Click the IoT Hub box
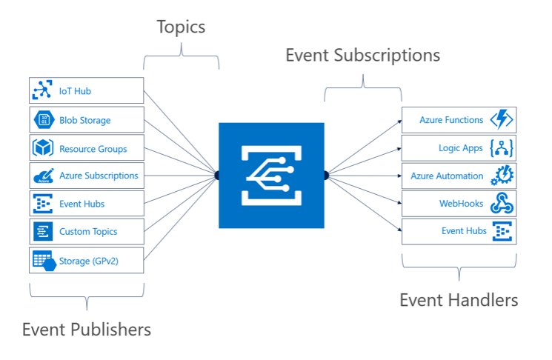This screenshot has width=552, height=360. pos(86,92)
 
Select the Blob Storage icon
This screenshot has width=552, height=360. pos(42,120)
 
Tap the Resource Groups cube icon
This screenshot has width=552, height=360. pos(42,148)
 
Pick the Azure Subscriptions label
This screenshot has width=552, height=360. pos(99,176)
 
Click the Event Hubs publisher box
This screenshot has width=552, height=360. pos(86,204)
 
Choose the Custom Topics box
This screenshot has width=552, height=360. pos(86,232)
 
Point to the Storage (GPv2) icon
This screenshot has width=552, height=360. pos(42,260)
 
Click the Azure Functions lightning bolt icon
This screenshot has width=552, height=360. pos(502,120)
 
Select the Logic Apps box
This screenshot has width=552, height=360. pos(459,148)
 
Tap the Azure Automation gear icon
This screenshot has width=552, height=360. pos(502,176)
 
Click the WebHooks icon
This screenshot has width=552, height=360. pos(502,204)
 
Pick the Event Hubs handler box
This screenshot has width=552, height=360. pos(459,232)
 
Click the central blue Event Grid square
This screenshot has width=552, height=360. pos(271,175)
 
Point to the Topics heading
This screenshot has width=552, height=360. pos(181,28)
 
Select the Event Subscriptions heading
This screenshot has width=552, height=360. pos(363,56)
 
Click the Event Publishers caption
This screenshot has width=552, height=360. pos(87,329)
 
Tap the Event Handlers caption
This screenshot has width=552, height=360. pos(459,300)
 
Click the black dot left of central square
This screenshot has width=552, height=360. pos(217,175)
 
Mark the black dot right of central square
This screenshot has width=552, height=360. pos(326,175)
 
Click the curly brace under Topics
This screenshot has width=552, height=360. pos(181,56)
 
